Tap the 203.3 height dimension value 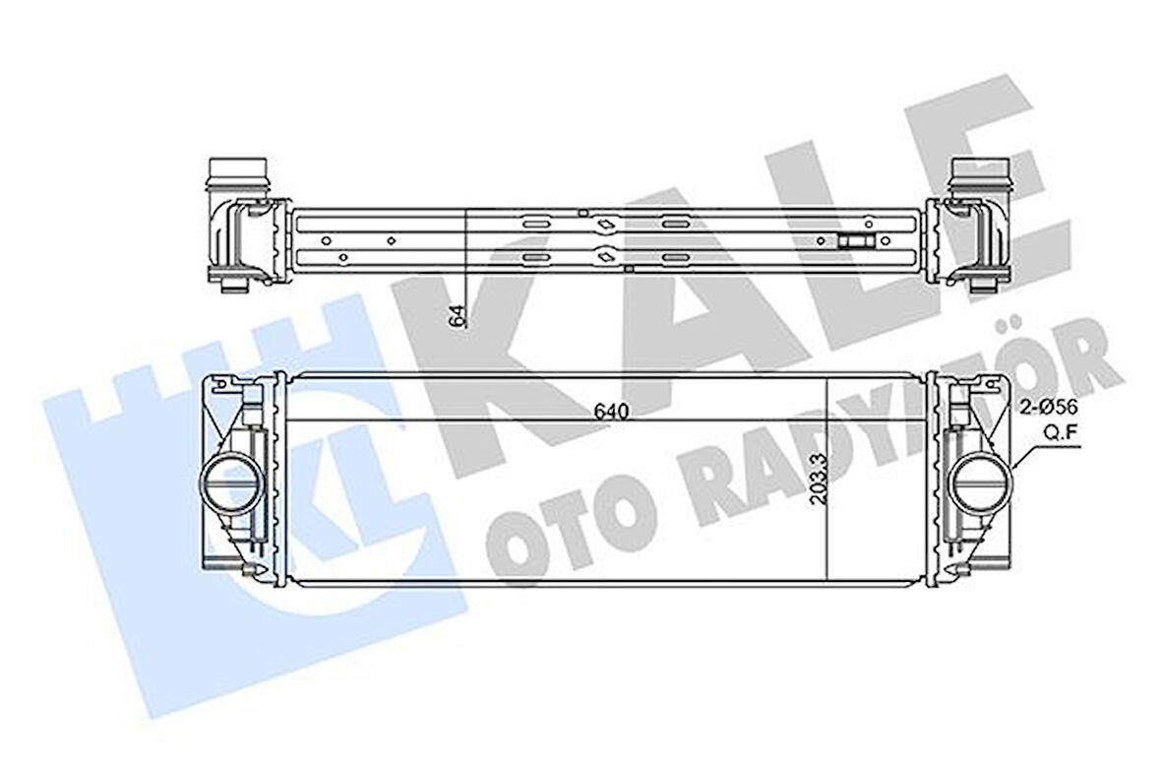click(x=816, y=479)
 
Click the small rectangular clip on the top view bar click(x=854, y=241)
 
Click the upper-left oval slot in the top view click(x=536, y=224)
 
